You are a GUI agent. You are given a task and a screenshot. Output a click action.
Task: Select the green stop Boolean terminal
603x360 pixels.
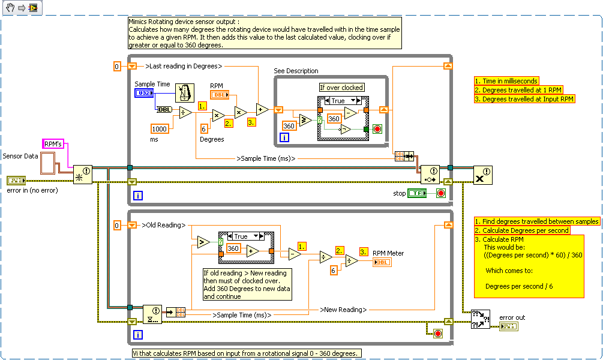coord(417,193)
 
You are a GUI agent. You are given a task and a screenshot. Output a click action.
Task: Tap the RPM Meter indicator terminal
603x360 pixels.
coord(382,263)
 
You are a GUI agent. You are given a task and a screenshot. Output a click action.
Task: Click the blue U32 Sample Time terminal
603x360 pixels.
coord(144,93)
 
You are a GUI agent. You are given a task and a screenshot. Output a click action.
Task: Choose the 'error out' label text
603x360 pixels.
coord(512,317)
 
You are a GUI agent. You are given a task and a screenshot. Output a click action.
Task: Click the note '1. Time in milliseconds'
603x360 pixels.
coord(506,81)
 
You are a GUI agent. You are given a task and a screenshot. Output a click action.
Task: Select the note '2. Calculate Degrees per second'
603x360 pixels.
coord(521,230)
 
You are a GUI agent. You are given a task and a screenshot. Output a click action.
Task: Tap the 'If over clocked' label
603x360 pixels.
coord(341,88)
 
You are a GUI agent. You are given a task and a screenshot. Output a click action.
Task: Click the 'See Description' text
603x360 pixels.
coord(296,71)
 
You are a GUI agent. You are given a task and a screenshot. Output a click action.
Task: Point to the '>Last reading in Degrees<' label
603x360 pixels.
coord(183,66)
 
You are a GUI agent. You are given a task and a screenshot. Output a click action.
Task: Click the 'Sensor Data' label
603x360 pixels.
coord(20,156)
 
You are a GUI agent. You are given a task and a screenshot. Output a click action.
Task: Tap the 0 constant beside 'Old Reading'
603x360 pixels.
coord(118,225)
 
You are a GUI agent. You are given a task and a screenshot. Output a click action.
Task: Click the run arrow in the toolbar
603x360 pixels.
coord(22,8)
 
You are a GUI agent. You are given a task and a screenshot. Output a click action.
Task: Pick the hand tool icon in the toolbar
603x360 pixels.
coord(9,8)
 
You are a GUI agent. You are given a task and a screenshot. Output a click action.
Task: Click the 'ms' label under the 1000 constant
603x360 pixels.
coord(154,139)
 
